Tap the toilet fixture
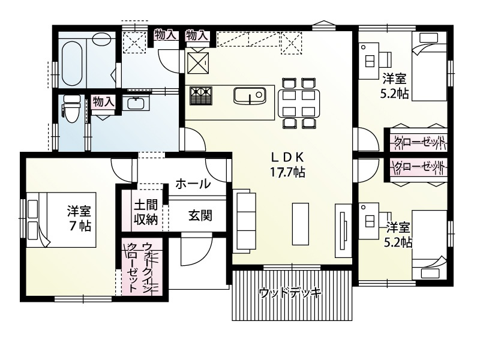(71, 110)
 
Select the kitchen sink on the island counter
(248, 96)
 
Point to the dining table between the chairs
(299, 103)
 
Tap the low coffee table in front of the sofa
(300, 223)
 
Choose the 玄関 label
(199, 215)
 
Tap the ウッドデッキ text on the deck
(290, 293)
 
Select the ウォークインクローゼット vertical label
(139, 268)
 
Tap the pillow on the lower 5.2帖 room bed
(433, 271)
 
